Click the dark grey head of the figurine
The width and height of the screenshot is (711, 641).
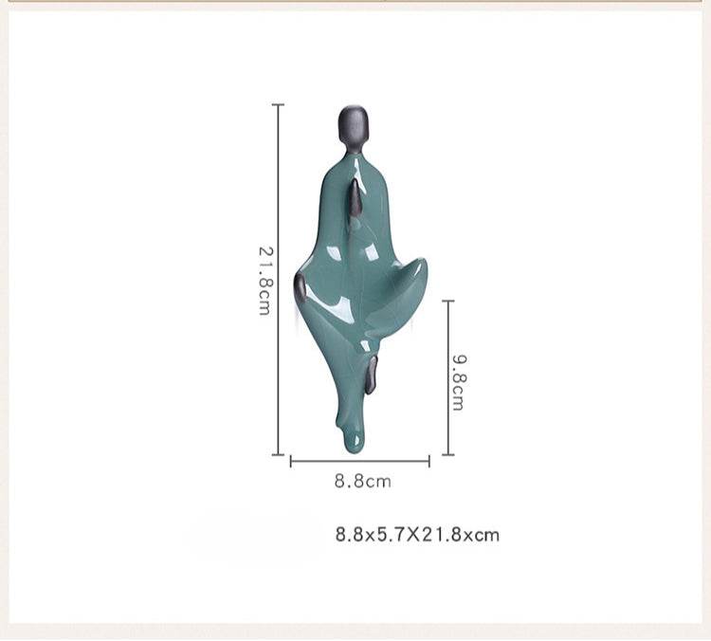pyautogui.click(x=353, y=123)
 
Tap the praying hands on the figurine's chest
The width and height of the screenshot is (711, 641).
pyautogui.click(x=355, y=198)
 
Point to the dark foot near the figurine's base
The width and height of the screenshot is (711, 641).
pyautogui.click(x=372, y=375)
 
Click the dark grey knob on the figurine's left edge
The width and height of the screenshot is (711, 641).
pyautogui.click(x=300, y=287)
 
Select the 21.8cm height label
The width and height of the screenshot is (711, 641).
pyautogui.click(x=265, y=281)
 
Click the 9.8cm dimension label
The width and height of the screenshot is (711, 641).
pyautogui.click(x=459, y=382)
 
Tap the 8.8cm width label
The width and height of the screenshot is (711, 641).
pyautogui.click(x=363, y=482)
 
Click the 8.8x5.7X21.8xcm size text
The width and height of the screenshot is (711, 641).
pyautogui.click(x=417, y=535)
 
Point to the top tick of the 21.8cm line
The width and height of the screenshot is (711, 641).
pyautogui.click(x=278, y=105)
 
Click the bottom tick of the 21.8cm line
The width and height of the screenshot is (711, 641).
pyautogui.click(x=278, y=454)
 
